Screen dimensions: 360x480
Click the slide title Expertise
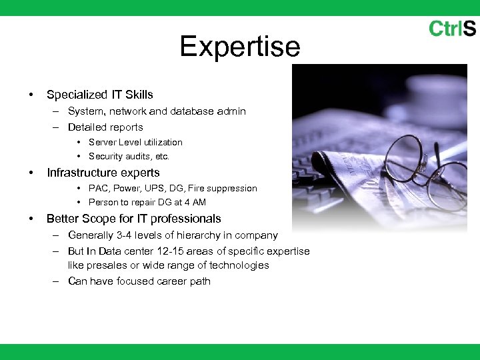(x=240, y=47)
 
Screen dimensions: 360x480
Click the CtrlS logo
(x=452, y=29)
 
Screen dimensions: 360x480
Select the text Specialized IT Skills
(x=100, y=95)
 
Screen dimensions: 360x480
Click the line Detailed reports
(x=105, y=127)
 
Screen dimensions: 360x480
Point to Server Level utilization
(x=135, y=142)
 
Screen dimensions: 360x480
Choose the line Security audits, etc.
(x=129, y=157)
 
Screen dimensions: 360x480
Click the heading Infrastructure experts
(x=103, y=173)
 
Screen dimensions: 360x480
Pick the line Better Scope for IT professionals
(x=133, y=219)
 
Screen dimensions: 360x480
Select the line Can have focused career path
(x=139, y=281)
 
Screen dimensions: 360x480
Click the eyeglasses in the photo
(x=420, y=167)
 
